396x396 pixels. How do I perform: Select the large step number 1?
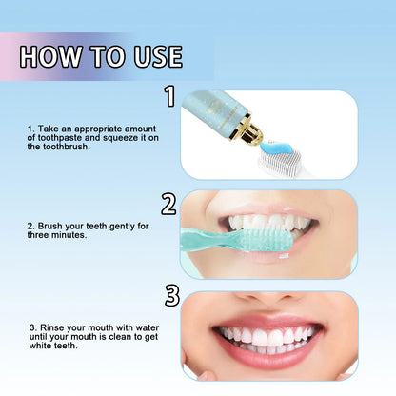pyautogui.click(x=170, y=95)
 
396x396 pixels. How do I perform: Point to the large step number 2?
pyautogui.click(x=170, y=203)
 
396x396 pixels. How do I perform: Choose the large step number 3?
pyautogui.click(x=171, y=296)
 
